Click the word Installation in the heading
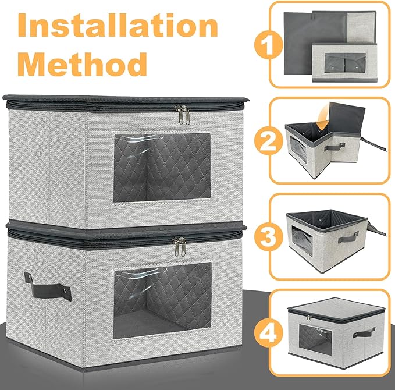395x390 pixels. click(x=118, y=25)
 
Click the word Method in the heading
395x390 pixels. click(x=83, y=64)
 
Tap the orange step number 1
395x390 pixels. click(x=268, y=45)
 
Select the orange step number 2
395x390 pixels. click(x=268, y=141)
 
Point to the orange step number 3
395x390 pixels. click(x=268, y=237)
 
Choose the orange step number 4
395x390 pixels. click(x=268, y=333)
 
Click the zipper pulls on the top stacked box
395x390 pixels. click(x=183, y=115)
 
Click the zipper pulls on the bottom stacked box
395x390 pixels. click(x=180, y=247)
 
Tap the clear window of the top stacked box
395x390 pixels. click(x=162, y=168)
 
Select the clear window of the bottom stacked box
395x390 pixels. click(x=162, y=300)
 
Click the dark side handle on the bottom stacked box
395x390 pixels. click(x=47, y=286)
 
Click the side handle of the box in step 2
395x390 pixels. click(x=334, y=147)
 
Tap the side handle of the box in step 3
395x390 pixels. click(x=348, y=237)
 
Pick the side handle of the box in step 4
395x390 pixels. click(x=364, y=333)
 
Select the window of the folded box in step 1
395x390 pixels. click(x=345, y=63)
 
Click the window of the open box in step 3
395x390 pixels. click(x=302, y=241)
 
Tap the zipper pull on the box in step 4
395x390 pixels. click(x=309, y=318)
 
